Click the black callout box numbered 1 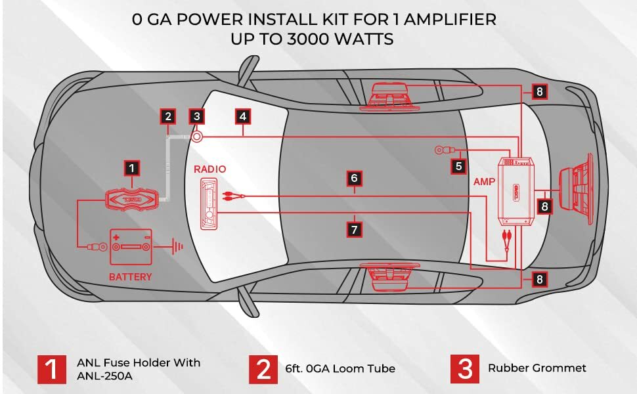[x=131, y=167]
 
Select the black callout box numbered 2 [x=167, y=117]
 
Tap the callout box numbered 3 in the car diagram [x=196, y=117]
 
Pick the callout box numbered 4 [x=242, y=117]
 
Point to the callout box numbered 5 [x=458, y=166]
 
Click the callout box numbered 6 [x=354, y=178]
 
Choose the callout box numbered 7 [x=354, y=229]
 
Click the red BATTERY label [x=131, y=277]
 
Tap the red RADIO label [x=209, y=169]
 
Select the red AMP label [x=484, y=181]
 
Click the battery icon [x=131, y=247]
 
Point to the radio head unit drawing [x=208, y=204]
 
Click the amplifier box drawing [x=516, y=190]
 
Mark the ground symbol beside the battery [x=177, y=246]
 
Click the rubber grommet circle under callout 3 [x=196, y=137]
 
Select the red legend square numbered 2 [x=263, y=369]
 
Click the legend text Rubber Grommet [x=537, y=368]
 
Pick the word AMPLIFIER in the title [x=450, y=20]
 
